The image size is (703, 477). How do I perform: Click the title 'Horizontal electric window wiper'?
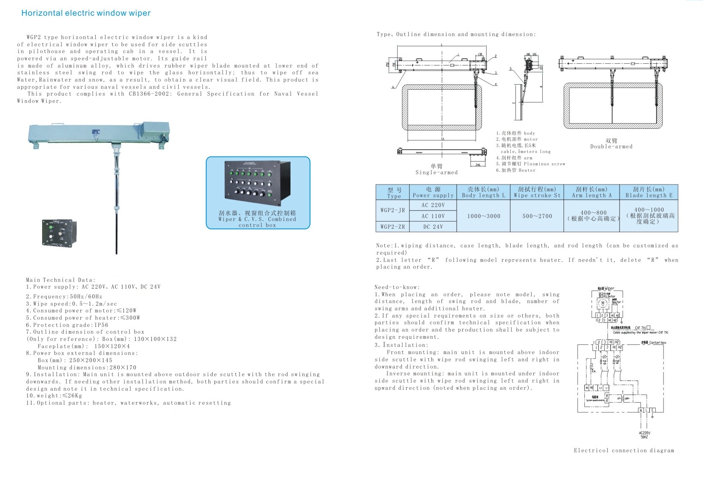click(x=86, y=13)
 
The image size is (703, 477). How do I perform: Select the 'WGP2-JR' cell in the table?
click(x=393, y=210)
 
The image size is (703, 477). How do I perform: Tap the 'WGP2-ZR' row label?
click(x=393, y=227)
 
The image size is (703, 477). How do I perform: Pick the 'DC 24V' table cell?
click(x=433, y=227)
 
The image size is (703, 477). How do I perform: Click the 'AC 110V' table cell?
click(x=433, y=216)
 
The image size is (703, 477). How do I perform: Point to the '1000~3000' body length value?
click(x=484, y=216)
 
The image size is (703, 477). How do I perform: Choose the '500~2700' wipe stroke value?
click(x=537, y=216)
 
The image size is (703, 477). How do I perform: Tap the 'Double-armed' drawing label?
click(x=611, y=147)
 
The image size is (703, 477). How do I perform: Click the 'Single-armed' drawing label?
click(x=436, y=173)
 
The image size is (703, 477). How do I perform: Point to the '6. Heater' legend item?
click(x=515, y=170)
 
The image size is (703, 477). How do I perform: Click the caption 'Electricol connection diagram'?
click(x=623, y=451)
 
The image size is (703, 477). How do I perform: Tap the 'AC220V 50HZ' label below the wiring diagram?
click(x=644, y=435)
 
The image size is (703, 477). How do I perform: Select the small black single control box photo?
click(x=59, y=233)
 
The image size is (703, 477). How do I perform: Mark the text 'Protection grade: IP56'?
click(x=67, y=325)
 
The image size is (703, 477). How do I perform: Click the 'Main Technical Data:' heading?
click(x=60, y=280)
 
